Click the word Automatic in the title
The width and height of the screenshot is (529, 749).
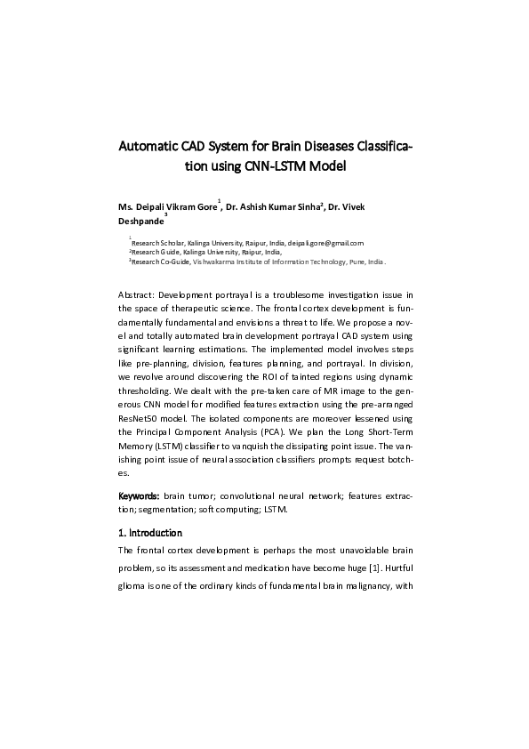click(149, 145)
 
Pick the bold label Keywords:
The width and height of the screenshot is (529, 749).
click(140, 494)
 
